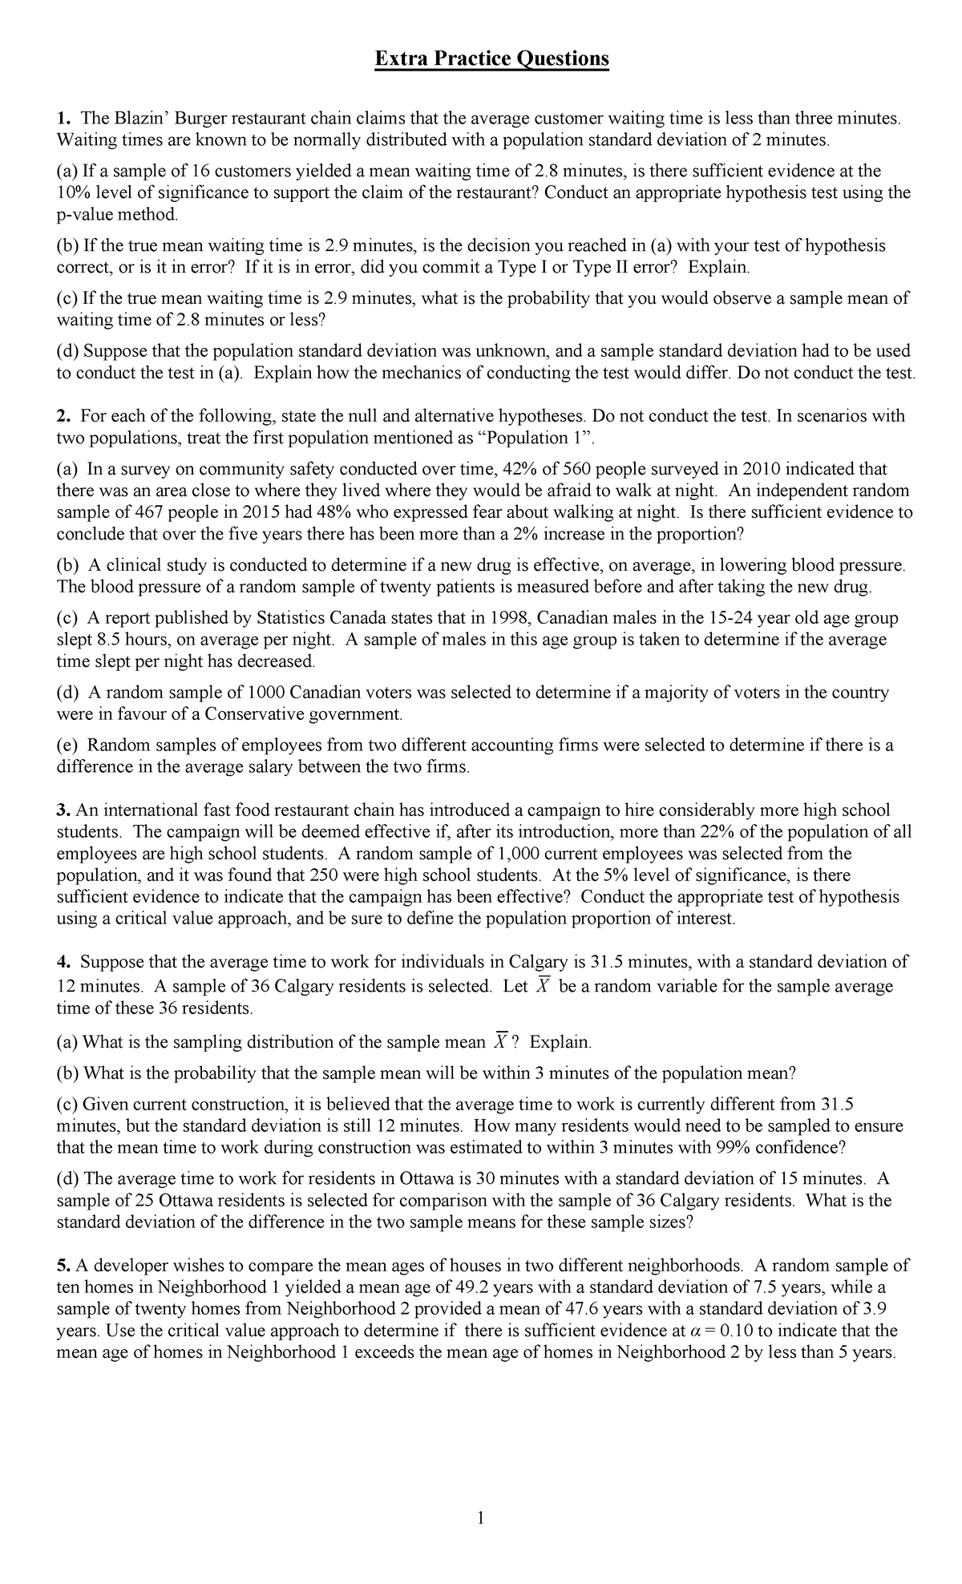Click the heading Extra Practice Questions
(492, 59)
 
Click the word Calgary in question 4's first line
(537, 961)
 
